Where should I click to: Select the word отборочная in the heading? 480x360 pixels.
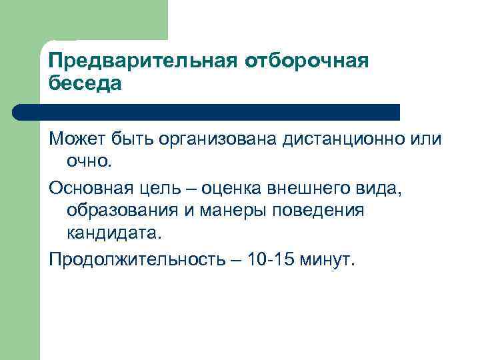coord(306,61)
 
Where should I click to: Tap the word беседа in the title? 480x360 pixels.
coord(85,85)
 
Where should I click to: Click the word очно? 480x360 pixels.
coord(91,161)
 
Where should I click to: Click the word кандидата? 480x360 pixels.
coord(114,234)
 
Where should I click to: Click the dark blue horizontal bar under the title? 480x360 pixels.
coord(207,112)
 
